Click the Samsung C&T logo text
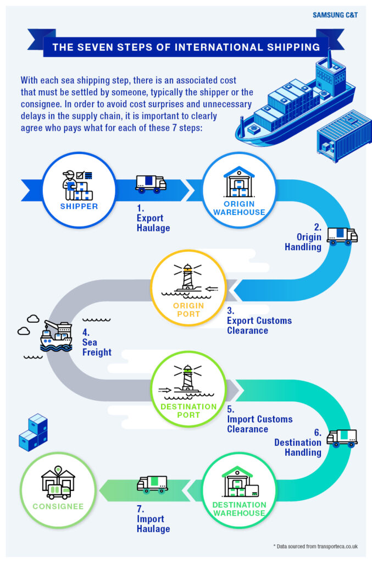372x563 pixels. [x=335, y=15]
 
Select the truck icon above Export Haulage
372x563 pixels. [x=151, y=184]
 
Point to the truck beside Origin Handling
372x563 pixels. [x=342, y=235]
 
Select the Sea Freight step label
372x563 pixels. [x=97, y=343]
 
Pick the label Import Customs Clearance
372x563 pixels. [x=259, y=423]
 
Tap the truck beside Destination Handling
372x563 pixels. [x=342, y=438]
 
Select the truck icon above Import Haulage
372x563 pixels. [x=152, y=484]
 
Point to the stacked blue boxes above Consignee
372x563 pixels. [x=34, y=433]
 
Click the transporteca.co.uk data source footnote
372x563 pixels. [x=315, y=546]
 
